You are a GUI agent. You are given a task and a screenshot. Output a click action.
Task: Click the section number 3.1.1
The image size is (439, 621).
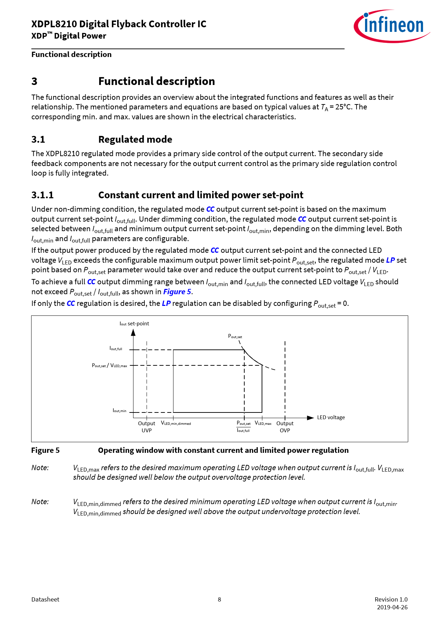[42, 195]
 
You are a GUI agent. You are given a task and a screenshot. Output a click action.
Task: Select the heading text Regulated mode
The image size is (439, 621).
[135, 139]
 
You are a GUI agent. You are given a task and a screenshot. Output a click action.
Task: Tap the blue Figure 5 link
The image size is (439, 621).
[177, 292]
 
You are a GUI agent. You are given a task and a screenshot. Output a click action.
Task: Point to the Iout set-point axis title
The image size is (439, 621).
[134, 324]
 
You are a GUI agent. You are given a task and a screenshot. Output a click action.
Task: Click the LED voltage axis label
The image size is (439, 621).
[331, 417]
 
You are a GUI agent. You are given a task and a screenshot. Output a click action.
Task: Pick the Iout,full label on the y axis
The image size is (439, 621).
[116, 349]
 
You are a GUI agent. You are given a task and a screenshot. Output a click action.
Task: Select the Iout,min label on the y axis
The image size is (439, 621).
[119, 411]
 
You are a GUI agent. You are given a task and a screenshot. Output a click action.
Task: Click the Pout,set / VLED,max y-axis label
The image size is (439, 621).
[109, 365]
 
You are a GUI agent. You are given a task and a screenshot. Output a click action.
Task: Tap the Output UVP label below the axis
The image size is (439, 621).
[147, 427]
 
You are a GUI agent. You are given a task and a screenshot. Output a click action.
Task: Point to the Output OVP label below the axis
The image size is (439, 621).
[285, 427]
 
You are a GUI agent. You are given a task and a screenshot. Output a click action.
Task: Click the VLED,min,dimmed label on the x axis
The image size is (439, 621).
[176, 423]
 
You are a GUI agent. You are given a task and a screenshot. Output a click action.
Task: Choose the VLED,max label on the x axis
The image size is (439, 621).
[263, 423]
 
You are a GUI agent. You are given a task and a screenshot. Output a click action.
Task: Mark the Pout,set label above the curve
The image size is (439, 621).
[235, 336]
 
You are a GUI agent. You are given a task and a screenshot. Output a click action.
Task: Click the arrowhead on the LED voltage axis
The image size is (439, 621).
[310, 418]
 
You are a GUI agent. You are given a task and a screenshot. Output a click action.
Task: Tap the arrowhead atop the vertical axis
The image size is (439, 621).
[133, 332]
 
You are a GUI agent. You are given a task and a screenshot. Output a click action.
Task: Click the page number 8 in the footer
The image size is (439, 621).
[219, 599]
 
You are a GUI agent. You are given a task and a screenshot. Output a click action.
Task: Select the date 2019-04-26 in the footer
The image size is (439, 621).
[392, 607]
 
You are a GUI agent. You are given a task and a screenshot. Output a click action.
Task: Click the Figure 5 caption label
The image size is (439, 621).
[45, 450]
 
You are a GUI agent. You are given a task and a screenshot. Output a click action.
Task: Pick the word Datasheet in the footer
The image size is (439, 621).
[45, 599]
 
